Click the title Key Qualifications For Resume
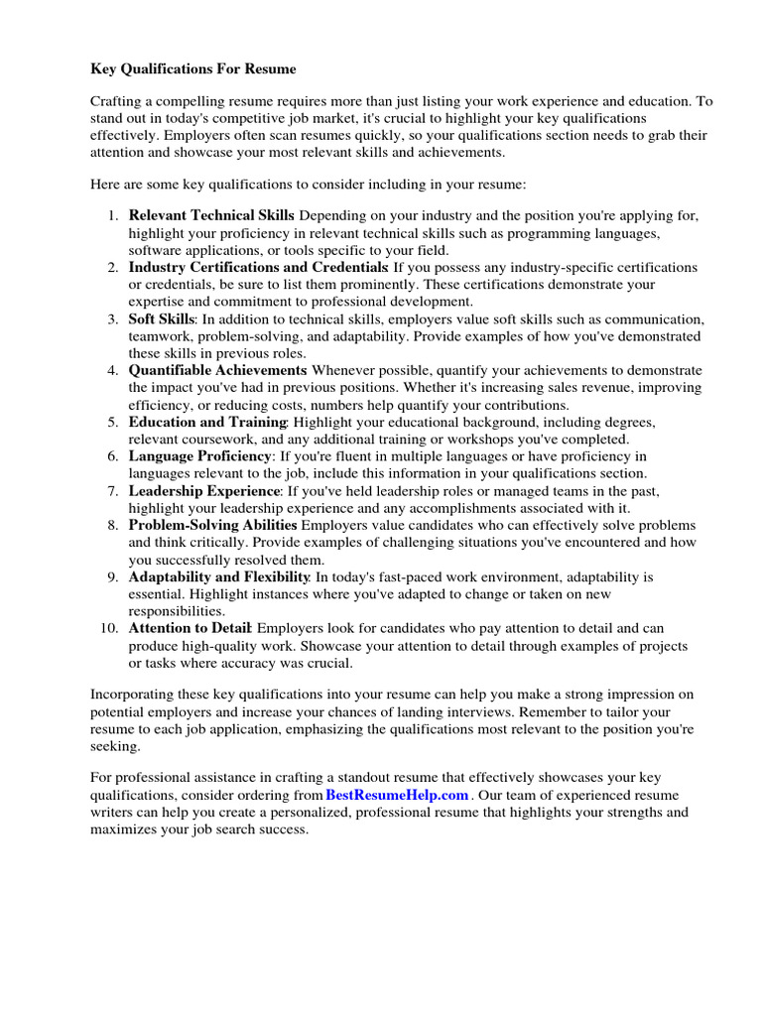click(193, 69)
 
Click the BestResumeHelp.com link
click(396, 796)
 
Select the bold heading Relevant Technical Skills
click(211, 215)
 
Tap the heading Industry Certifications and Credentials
click(258, 268)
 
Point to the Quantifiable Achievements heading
click(217, 370)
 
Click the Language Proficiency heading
click(200, 456)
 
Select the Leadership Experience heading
click(204, 491)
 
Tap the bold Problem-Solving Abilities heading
click(212, 525)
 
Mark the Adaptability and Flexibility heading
click(219, 576)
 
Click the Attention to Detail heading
click(190, 628)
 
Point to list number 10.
click(109, 628)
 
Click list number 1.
click(113, 215)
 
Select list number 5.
click(113, 422)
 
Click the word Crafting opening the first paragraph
click(118, 101)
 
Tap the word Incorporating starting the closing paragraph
click(134, 696)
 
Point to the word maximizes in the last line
click(124, 829)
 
